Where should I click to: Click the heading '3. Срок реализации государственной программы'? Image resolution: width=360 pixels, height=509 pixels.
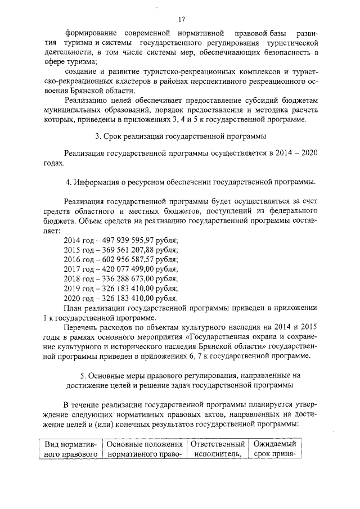click(180, 136)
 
